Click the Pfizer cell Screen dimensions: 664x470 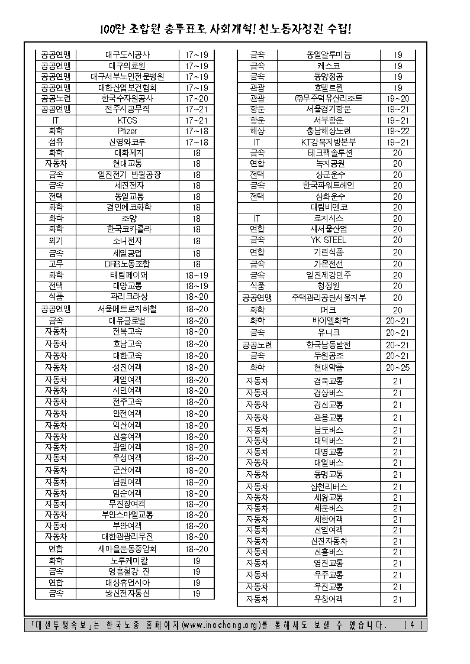point(127,131)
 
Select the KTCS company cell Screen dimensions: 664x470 point(127,120)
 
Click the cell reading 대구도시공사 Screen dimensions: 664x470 point(127,54)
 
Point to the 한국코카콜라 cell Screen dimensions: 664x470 point(127,229)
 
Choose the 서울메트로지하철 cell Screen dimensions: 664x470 point(127,309)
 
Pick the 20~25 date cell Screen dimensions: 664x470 point(397,367)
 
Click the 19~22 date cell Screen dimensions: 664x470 point(397,131)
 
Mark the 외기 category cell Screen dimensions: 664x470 point(56,241)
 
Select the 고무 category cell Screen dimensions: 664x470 point(56,264)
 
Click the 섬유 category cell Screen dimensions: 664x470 point(56,142)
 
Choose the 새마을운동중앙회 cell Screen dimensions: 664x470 point(127,548)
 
